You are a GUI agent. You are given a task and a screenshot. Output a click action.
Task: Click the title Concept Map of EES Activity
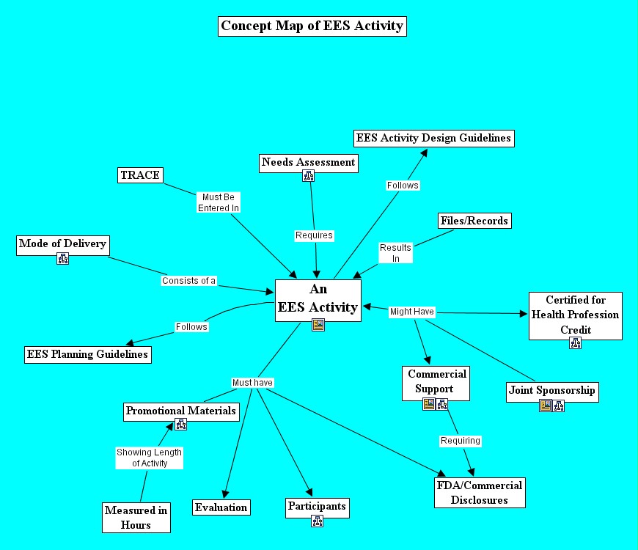(312, 26)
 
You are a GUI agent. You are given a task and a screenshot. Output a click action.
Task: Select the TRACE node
(139, 175)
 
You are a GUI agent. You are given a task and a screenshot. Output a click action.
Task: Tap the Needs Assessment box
(309, 162)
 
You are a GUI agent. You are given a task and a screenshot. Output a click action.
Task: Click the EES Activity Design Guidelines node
(433, 138)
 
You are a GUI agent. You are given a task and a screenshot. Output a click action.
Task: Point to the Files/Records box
(474, 221)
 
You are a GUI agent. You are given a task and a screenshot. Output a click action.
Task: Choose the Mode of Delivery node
(62, 244)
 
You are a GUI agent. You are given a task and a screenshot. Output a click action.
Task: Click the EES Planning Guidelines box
(87, 354)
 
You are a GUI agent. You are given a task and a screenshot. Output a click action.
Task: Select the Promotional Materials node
(181, 411)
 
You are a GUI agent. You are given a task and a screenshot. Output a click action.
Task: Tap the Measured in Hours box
(136, 518)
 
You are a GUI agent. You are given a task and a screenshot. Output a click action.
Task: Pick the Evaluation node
(221, 507)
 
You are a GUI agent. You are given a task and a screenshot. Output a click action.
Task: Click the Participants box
(317, 507)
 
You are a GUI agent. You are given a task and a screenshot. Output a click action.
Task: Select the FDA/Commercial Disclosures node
(480, 493)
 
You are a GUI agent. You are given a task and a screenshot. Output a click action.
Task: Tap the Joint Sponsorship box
(551, 391)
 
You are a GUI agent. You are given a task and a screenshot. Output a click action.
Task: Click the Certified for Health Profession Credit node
(575, 315)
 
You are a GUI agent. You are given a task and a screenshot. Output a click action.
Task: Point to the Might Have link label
(412, 312)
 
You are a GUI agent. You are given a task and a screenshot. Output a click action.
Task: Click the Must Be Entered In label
(219, 202)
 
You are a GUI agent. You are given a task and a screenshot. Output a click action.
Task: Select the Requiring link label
(461, 441)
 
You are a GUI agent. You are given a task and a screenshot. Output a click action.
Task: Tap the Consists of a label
(189, 281)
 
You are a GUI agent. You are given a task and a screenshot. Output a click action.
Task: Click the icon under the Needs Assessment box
(309, 176)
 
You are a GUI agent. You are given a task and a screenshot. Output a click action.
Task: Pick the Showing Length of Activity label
(150, 458)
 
